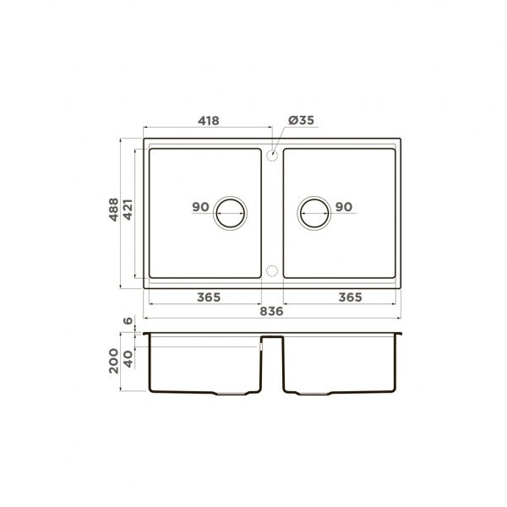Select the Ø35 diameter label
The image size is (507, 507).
tap(301, 121)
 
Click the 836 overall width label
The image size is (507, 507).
tap(271, 311)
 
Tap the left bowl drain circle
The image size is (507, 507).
tap(231, 214)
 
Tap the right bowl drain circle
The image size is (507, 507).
tap(313, 214)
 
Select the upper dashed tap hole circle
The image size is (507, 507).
tap(272, 155)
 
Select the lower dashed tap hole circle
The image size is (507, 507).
tap(272, 270)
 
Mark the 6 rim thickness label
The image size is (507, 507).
tap(128, 322)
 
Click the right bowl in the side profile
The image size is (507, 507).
tap(340, 368)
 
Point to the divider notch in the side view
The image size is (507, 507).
tap(272, 340)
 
